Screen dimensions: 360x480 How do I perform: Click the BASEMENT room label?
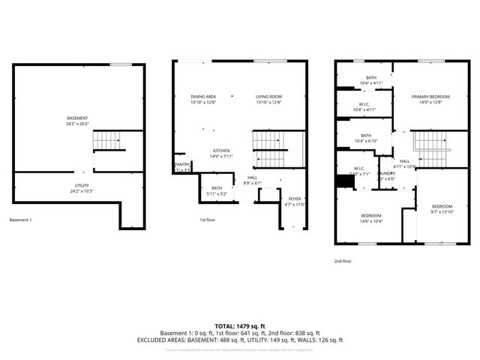[x=77, y=118]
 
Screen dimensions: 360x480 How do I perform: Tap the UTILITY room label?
[x=82, y=187]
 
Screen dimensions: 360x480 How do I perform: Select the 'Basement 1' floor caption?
[x=21, y=220]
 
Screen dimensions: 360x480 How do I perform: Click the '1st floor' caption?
[x=208, y=220]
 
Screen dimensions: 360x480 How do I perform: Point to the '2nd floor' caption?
[x=343, y=262]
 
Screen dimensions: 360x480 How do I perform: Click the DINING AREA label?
[x=203, y=97]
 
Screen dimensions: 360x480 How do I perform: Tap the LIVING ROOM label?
[x=268, y=97]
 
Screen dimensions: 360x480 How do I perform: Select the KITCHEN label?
[x=220, y=150]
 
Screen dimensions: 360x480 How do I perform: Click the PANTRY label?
[x=182, y=164]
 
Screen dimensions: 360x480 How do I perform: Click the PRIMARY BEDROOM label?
[x=430, y=97]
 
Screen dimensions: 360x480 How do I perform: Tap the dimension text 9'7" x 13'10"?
[x=442, y=211]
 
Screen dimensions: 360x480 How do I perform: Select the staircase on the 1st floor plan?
[x=271, y=148]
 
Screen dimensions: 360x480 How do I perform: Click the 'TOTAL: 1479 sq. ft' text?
[x=239, y=326]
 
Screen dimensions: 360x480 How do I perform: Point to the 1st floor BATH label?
[x=217, y=188]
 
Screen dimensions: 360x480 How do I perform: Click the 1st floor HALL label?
[x=253, y=178]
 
